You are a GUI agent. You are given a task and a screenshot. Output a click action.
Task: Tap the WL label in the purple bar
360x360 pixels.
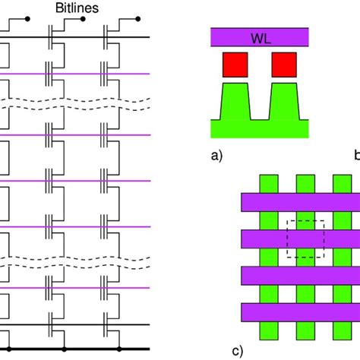tap(260, 37)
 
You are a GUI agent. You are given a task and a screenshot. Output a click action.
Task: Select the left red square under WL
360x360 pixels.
tap(235, 65)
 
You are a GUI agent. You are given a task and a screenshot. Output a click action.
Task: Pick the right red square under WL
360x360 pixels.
tap(284, 65)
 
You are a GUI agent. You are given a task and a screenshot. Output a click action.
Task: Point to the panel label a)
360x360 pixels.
tap(216, 157)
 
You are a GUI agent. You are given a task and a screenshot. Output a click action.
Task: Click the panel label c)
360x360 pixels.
tap(237, 350)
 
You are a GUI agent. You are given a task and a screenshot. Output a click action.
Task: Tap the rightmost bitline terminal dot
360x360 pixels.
tap(141, 17)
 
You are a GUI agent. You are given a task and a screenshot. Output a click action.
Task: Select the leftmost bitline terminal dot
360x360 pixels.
tap(28, 17)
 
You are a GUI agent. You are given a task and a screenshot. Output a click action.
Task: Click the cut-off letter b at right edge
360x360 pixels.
tap(356, 157)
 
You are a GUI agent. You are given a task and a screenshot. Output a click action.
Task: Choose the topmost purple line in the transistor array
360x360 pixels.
tap(76, 74)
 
